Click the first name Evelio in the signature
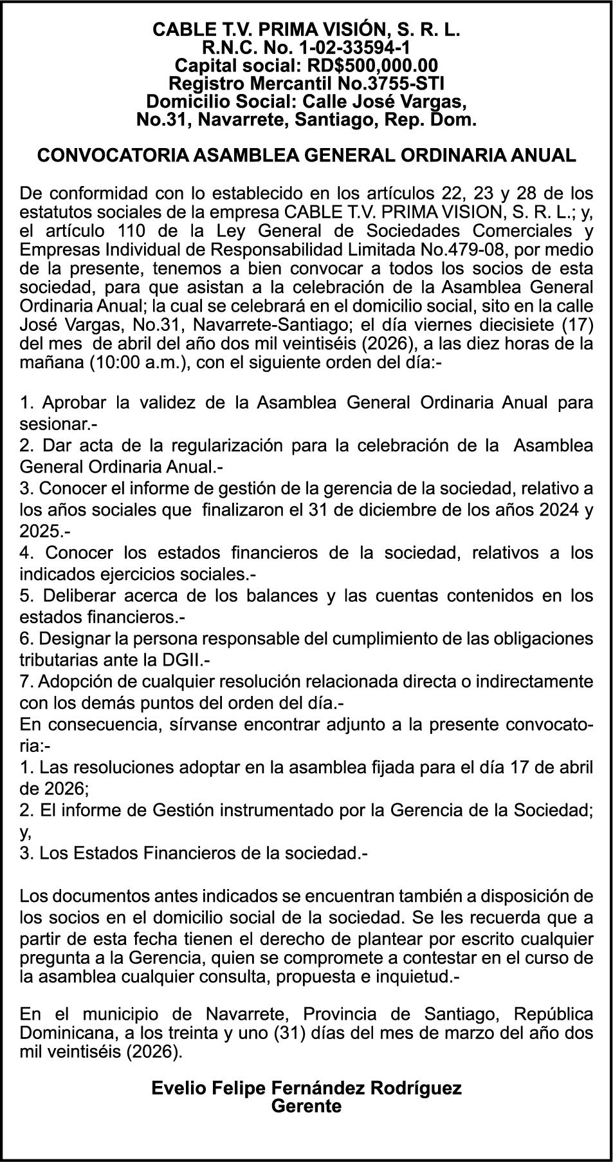[x=176, y=1089]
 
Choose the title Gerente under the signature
[x=306, y=1107]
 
